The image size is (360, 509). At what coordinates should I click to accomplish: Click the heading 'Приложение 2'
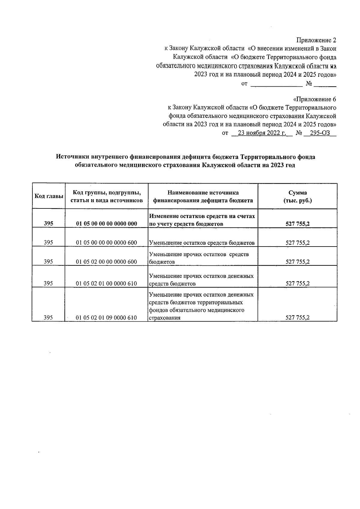(316, 40)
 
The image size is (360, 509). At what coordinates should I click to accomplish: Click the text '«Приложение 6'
(314, 99)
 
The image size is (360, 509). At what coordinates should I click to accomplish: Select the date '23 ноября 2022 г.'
(262, 133)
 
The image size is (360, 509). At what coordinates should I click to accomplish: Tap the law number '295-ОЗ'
(320, 133)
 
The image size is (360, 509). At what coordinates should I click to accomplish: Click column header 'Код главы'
(49, 196)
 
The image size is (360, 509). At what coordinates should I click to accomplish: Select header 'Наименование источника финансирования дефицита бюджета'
(203, 196)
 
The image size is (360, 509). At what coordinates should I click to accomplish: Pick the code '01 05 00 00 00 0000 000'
(106, 224)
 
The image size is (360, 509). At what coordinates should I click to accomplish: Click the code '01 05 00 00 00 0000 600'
(106, 243)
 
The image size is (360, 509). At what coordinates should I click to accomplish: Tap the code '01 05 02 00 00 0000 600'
(106, 262)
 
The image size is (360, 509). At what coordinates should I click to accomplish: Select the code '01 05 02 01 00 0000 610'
(106, 283)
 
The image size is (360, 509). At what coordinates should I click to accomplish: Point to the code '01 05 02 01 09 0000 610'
(106, 318)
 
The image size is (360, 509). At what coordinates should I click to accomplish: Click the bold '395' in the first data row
(48, 224)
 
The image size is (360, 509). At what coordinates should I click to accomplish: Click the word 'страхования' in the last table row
(165, 318)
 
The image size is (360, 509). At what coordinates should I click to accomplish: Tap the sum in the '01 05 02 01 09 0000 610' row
(297, 318)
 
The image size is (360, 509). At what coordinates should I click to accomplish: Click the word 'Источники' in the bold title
(73, 157)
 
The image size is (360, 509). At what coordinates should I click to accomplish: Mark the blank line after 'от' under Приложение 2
(276, 84)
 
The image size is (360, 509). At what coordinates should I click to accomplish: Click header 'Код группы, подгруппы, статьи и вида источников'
(106, 196)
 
